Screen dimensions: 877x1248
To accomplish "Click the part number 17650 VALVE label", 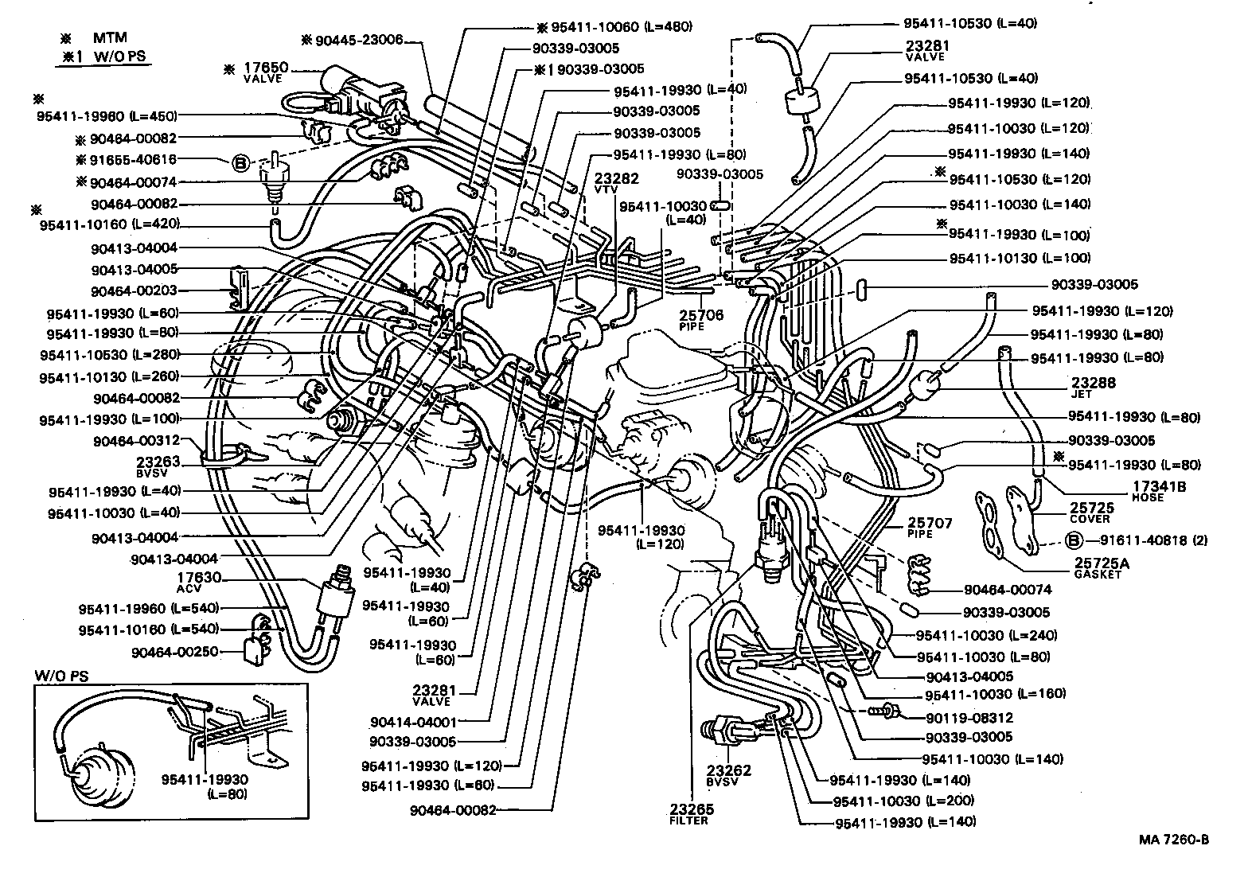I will pyautogui.click(x=266, y=73).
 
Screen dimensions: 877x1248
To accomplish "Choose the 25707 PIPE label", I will pyautogui.click(x=930, y=528).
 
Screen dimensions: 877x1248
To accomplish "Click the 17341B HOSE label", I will pyautogui.click(x=1161, y=490).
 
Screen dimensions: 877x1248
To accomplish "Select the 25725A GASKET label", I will pyautogui.click(x=1102, y=567).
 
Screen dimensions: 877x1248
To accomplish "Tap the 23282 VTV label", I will pyautogui.click(x=610, y=184).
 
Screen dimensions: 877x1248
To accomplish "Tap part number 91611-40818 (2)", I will pyautogui.click(x=1154, y=540).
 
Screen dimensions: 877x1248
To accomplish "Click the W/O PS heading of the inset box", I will pyautogui.click(x=61, y=676).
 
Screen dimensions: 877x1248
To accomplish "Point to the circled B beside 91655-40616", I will pyautogui.click(x=240, y=164).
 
